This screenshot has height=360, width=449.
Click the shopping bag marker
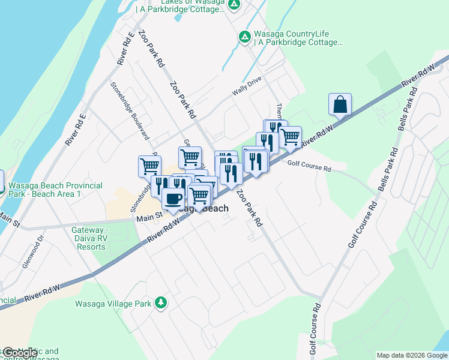[340, 104]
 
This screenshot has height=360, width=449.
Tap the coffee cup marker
[173, 199]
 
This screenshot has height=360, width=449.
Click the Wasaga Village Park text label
[113, 304]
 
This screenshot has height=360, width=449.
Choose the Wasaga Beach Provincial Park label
[55, 190]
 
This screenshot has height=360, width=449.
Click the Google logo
[20, 353]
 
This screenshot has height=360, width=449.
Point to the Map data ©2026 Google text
[412, 355]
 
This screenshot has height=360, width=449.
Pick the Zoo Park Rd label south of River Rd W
[250, 208]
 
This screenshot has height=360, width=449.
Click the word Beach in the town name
[214, 208]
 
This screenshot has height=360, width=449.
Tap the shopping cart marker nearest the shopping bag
[291, 137]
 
